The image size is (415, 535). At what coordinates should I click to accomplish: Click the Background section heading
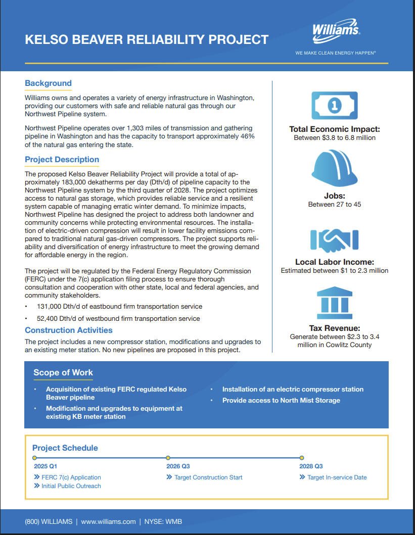tap(48, 83)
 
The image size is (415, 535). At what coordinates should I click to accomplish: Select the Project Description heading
tap(62, 160)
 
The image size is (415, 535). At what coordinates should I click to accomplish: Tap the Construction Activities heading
tap(69, 330)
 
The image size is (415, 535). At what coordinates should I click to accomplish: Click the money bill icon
tap(335, 105)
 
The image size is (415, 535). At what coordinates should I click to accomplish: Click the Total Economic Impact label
tap(334, 129)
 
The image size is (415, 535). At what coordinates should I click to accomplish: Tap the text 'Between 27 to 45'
tap(334, 205)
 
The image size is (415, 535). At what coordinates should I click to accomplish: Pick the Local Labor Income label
tap(334, 262)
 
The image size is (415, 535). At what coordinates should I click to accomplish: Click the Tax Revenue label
tap(334, 328)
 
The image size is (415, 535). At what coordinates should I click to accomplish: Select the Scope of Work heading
tap(63, 373)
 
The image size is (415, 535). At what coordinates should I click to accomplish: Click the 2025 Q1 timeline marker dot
tap(34, 458)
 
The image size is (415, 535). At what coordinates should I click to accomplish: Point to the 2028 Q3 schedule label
tap(311, 466)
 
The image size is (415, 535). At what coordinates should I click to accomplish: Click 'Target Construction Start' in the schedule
tap(208, 477)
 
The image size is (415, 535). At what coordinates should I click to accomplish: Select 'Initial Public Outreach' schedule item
tap(71, 486)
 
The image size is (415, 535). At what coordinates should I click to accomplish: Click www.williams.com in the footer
tap(108, 522)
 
